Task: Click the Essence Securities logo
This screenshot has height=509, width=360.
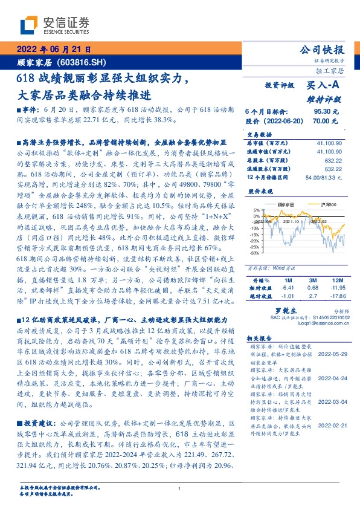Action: pos(54,25)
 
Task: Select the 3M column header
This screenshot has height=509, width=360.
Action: pos(313,280)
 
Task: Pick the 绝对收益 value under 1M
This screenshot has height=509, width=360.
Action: pos(288,296)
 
